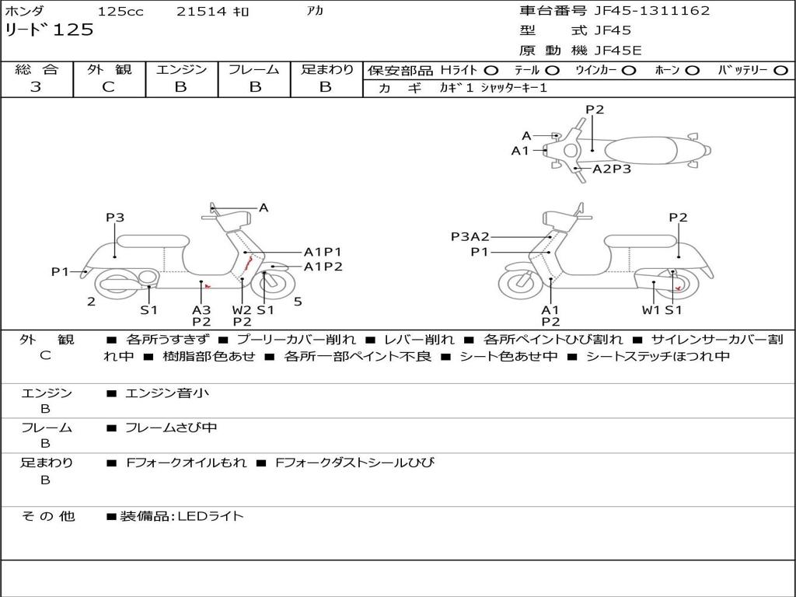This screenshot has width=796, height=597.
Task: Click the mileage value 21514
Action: tap(201, 12)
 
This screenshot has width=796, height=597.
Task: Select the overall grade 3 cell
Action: tap(36, 87)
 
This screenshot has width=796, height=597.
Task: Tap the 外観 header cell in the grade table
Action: tap(109, 70)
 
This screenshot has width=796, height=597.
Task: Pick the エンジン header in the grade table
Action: tap(181, 70)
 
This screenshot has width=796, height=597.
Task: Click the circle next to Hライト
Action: tap(491, 70)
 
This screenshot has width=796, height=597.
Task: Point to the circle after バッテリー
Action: tap(780, 70)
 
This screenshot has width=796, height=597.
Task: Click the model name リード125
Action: tap(50, 30)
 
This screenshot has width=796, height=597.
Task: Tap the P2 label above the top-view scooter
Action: tap(595, 110)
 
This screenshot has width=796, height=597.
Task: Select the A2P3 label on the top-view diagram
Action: tap(612, 169)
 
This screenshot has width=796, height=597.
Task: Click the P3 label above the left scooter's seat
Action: tap(115, 218)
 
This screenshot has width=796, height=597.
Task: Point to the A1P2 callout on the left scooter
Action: tap(323, 267)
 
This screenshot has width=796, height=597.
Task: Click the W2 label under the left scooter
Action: tap(243, 309)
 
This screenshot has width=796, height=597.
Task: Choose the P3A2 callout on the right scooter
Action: tap(470, 236)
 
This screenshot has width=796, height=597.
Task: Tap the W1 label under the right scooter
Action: tap(651, 309)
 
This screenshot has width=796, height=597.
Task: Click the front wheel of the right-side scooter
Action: tap(520, 283)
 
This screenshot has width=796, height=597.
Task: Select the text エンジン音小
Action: tap(167, 393)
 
